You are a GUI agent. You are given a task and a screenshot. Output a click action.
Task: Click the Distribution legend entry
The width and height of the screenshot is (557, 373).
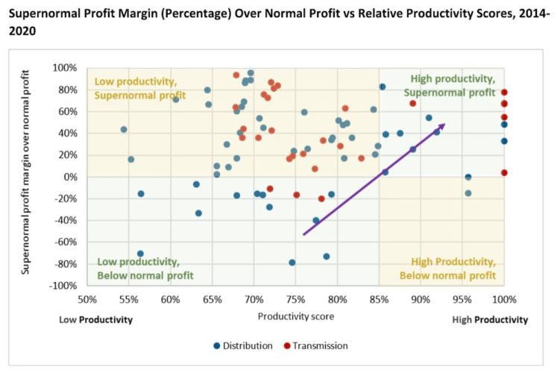(242, 345)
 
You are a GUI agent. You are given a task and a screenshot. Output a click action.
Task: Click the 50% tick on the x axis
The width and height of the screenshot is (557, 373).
(87, 300)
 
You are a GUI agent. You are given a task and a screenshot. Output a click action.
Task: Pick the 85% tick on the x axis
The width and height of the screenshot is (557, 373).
(379, 300)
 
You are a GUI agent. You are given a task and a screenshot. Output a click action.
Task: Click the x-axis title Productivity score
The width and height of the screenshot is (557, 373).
(295, 316)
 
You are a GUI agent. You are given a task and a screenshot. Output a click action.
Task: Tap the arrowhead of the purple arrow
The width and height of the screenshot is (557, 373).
(442, 125)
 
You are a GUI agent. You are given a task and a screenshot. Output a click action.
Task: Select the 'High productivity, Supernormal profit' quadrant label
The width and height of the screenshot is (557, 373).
(452, 86)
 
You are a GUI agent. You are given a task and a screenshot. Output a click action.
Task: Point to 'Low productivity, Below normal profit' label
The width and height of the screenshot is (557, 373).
(145, 269)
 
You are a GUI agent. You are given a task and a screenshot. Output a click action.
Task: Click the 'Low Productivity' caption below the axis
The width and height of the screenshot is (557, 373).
(95, 319)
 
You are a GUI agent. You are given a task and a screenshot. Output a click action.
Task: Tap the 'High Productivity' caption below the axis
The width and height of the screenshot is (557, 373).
(490, 319)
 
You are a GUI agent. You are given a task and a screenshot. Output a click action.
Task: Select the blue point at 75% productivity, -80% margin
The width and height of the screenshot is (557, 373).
(292, 263)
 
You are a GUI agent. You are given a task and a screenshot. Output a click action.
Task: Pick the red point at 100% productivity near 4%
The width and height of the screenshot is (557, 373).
(504, 173)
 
